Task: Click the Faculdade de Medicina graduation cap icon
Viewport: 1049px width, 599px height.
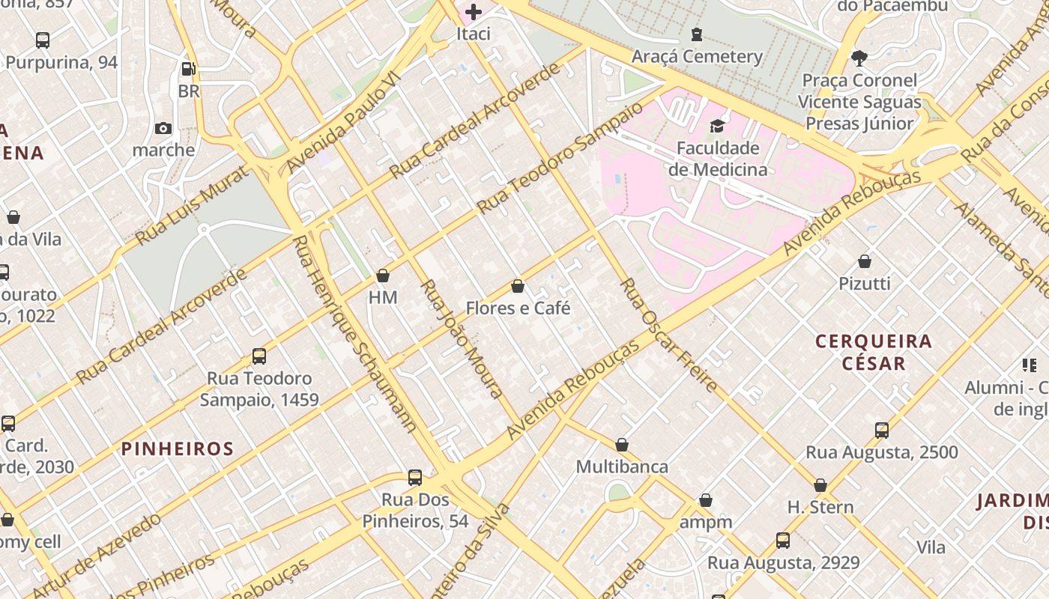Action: coord(717,126)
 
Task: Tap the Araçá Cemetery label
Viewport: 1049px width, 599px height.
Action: coord(697,57)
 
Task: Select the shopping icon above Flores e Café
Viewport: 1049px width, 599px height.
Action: coord(518,286)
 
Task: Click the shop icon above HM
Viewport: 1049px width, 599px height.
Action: coord(383,276)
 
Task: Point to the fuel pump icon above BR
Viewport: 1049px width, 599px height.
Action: coord(189,69)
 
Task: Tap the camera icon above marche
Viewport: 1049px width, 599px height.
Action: coord(163,129)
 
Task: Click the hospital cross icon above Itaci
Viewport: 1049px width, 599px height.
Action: coord(474,12)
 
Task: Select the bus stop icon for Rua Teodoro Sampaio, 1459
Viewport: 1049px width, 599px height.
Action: coord(259,356)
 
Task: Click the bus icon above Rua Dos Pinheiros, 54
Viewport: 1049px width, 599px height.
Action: coord(415,478)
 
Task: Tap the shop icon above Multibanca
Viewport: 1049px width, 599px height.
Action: coord(622,445)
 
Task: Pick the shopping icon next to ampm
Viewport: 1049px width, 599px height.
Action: coord(705,500)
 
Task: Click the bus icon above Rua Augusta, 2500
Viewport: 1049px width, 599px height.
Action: coord(882,431)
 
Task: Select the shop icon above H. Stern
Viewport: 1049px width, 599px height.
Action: coord(820,485)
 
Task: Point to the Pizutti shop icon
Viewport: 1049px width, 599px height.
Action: coord(865,261)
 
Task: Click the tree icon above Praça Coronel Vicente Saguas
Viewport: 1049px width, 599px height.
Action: coord(859,58)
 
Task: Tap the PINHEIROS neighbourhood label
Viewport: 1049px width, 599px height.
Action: coord(178,449)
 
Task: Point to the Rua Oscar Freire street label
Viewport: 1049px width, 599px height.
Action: coord(669,335)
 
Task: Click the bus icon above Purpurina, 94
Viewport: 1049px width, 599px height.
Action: coord(43,40)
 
